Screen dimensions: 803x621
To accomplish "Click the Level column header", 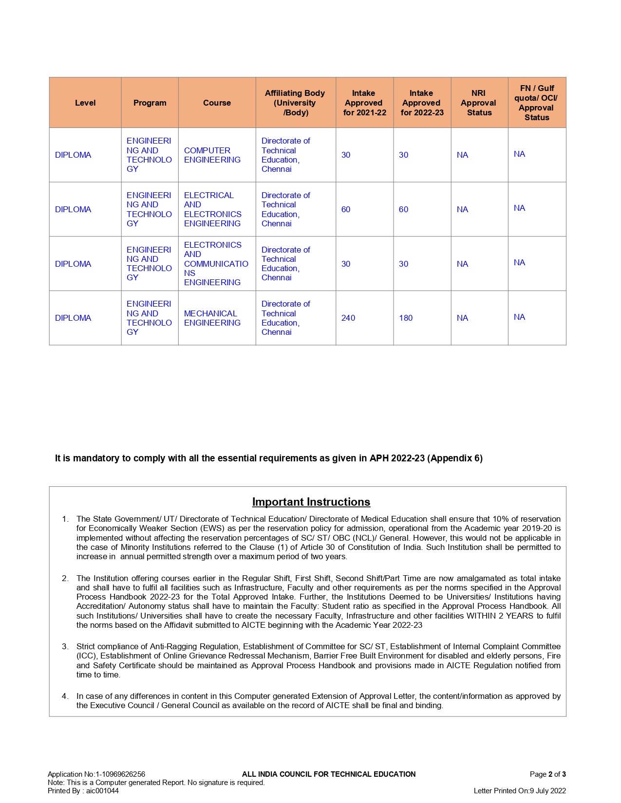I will coord(85,103).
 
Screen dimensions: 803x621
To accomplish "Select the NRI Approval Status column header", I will coord(479,103).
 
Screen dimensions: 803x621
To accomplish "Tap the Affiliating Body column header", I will coord(295,103).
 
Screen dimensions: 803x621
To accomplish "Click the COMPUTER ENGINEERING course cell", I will coord(212,155).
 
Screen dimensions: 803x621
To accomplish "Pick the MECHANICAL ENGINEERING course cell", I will coord(212,318).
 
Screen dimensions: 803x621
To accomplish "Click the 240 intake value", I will coord(348,318).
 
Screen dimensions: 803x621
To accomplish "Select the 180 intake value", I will coord(406,318).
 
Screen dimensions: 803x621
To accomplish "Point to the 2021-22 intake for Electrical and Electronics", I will coord(346,210).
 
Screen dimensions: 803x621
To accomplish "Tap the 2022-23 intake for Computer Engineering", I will coord(403,155).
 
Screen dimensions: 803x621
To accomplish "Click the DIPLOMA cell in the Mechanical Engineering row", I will coord(73,318).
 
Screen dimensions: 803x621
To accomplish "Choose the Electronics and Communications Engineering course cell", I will coord(216,264).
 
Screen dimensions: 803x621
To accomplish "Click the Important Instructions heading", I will coord(311,502).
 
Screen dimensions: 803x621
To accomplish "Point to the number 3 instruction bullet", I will coord(65,646).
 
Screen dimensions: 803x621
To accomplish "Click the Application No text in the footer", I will coord(96,774).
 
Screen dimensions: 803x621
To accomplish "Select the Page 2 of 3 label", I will coord(547,774).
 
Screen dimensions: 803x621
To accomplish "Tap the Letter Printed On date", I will coord(520,791).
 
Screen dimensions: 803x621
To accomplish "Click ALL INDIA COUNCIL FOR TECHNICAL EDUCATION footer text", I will coord(329,774).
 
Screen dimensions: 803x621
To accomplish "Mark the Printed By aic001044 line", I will coord(83,791).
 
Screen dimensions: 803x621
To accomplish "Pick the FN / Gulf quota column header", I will coord(537,103).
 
